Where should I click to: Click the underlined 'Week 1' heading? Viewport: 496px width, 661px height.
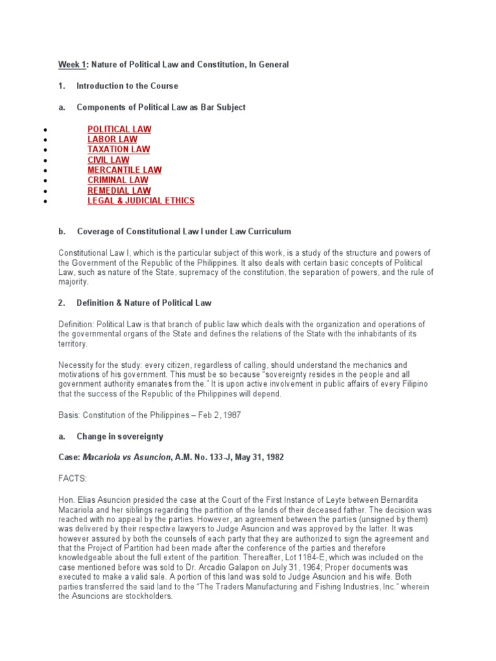72,65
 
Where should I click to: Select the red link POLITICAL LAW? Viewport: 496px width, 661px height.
119,129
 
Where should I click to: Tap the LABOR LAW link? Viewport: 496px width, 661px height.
112,139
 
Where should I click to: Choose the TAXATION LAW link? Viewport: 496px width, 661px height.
119,150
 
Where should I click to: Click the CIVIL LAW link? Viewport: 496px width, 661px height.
108,160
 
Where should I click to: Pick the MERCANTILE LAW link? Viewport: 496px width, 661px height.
125,170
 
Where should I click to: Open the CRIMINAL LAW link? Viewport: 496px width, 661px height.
118,180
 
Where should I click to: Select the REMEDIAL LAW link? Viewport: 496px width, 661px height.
119,190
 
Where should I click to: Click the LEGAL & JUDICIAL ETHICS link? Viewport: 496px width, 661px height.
141,201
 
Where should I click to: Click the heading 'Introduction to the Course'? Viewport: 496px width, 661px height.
127,86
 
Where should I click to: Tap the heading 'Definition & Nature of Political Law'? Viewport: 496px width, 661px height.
144,303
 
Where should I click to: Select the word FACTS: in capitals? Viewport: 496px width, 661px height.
72,478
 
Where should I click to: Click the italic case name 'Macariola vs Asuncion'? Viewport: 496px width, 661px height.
127,458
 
